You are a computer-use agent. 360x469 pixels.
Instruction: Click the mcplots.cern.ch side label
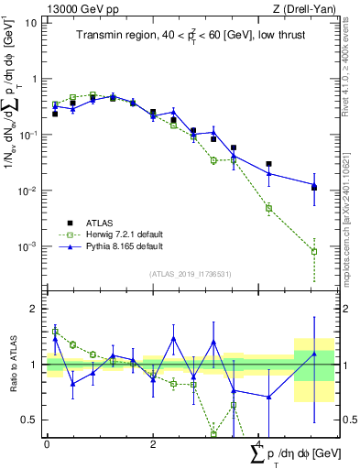[x=351, y=229]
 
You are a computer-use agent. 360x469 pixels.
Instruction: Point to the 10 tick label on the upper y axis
[x=30, y=23]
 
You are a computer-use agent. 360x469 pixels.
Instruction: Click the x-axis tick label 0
[x=47, y=444]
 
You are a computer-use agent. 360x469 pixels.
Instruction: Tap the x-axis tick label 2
[x=152, y=444]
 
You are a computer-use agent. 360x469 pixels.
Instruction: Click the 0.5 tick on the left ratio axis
[x=32, y=420]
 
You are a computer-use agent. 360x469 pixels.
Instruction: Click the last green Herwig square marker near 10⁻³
[x=314, y=251]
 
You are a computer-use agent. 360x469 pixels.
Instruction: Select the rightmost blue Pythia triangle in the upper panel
[x=314, y=185]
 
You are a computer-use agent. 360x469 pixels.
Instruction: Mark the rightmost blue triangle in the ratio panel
[x=314, y=354]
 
